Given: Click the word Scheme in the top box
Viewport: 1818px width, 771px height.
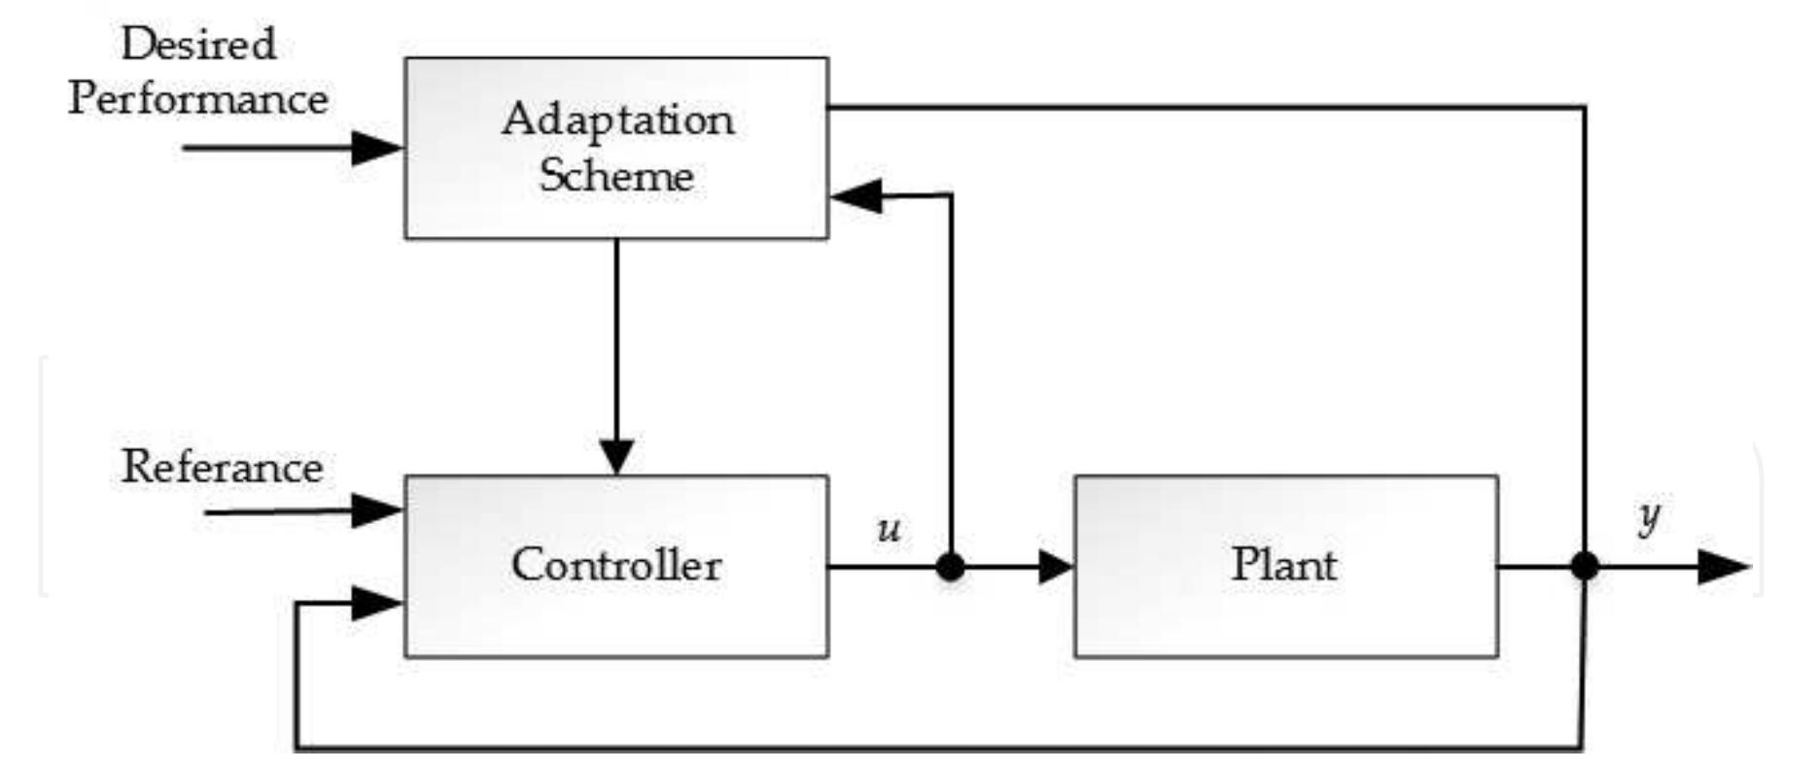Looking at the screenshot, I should point(616,176).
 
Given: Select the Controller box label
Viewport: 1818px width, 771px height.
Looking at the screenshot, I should point(616,565).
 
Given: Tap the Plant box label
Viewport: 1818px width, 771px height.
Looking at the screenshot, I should point(1283,565).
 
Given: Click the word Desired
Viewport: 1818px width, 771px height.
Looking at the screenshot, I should point(198,45).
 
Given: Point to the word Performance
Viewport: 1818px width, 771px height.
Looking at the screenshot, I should point(198,99).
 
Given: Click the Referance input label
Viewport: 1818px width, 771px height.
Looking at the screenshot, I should point(222,468).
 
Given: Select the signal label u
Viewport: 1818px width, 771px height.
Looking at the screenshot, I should point(889,530).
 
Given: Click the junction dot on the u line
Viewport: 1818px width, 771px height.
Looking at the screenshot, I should point(950,567).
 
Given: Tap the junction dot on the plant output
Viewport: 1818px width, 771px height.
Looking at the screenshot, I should point(1585,566).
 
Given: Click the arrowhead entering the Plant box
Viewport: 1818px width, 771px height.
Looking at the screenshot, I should point(1055,567).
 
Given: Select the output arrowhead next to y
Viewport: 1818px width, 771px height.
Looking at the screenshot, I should point(1723,567).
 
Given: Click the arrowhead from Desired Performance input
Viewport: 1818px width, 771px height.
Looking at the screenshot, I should point(377,149).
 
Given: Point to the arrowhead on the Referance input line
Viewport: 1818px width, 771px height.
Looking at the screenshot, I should point(377,510).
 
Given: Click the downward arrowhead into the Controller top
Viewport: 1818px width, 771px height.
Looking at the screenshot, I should point(616,456).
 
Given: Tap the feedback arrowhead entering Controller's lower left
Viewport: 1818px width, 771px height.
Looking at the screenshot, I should point(377,604).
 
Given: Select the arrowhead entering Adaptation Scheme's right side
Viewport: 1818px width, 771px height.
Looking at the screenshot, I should point(856,195).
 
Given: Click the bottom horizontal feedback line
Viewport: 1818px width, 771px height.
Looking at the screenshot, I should point(933,749).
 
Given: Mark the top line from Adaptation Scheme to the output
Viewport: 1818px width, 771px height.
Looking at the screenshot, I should point(1206,107).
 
